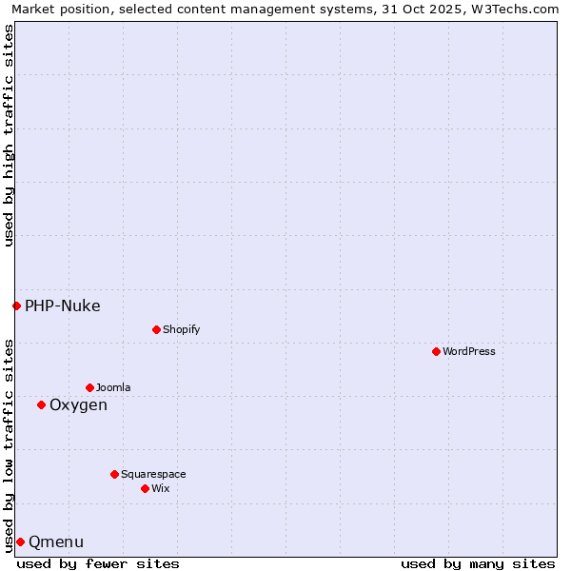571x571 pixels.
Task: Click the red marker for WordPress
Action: [436, 351]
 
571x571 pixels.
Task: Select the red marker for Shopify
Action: [156, 329]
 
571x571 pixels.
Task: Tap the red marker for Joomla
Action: [89, 387]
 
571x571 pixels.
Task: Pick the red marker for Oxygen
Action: [41, 404]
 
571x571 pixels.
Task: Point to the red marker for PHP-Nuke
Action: [16, 305]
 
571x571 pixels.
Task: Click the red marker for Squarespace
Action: [114, 474]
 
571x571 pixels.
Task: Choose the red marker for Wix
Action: [145, 488]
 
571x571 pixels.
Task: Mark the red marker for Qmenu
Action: [20, 541]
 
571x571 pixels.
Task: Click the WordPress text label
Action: [469, 351]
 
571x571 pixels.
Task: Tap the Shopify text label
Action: [181, 329]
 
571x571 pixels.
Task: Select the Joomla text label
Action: [113, 387]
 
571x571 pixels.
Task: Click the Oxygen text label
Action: [78, 404]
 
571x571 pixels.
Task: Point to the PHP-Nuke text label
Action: [63, 305]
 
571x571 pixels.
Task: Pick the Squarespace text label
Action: [153, 474]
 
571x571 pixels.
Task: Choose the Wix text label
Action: [160, 488]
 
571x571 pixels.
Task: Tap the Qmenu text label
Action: [56, 541]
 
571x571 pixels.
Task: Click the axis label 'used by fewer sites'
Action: [98, 563]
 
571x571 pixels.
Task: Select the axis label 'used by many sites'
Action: [478, 563]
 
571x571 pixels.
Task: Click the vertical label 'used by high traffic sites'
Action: [9, 135]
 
